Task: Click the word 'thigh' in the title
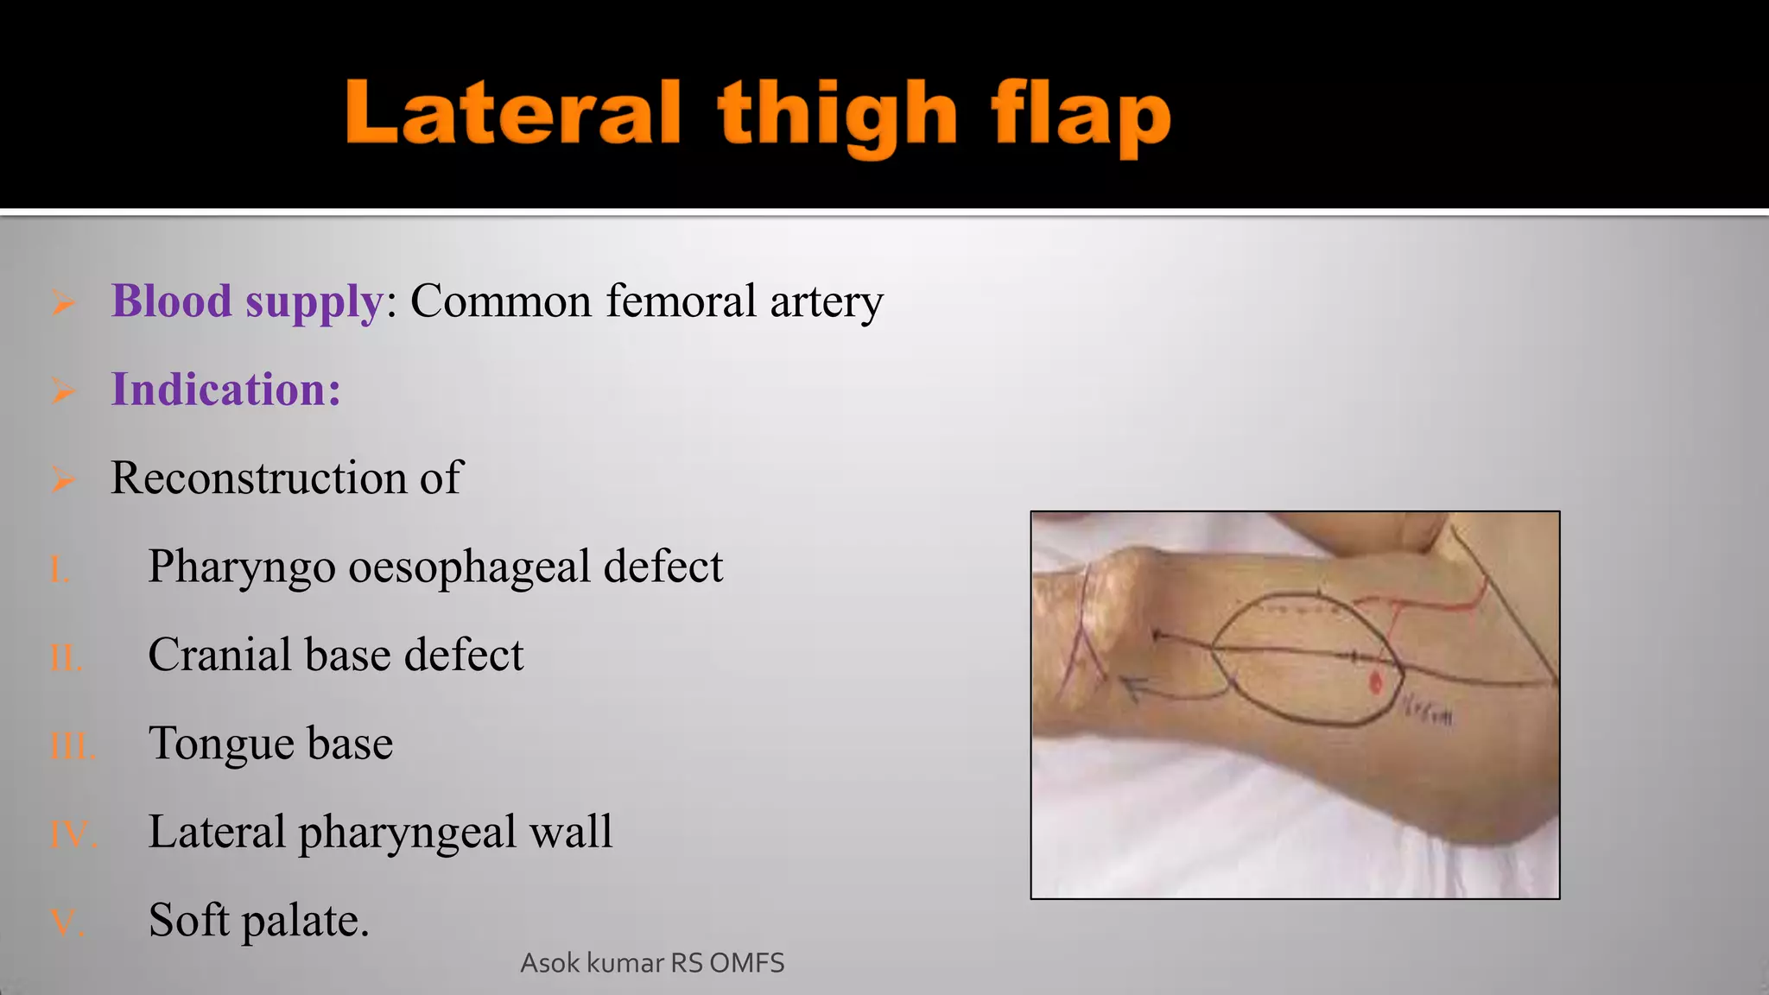pyautogui.click(x=837, y=115)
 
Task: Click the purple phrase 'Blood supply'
pyautogui.click(x=247, y=301)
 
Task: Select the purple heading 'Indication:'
pyautogui.click(x=226, y=390)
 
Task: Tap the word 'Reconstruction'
pyautogui.click(x=258, y=478)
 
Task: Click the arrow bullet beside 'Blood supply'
pyautogui.click(x=63, y=303)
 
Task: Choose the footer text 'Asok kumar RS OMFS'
pyautogui.click(x=652, y=963)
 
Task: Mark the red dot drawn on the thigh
pyautogui.click(x=1376, y=683)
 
